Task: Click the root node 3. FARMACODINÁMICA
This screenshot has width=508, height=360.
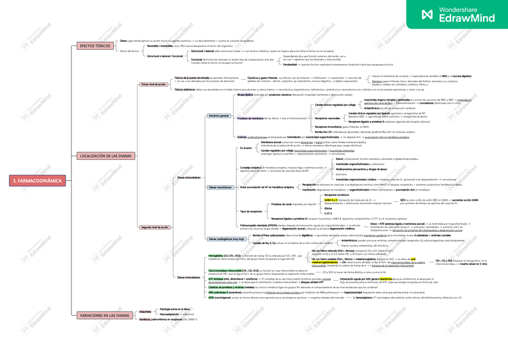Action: tap(37, 180)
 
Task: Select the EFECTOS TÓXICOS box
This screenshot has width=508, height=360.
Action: tap(95, 46)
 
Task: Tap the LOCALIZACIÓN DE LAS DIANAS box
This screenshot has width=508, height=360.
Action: tap(105, 156)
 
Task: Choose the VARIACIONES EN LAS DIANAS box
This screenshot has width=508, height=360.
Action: tap(104, 315)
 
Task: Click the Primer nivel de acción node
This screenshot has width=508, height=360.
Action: tap(153, 85)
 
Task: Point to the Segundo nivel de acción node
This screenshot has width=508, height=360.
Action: tap(155, 228)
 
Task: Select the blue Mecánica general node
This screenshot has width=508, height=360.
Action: tap(219, 116)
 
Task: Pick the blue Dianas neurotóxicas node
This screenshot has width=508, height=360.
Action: tap(220, 187)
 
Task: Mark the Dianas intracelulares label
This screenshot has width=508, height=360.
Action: tap(189, 277)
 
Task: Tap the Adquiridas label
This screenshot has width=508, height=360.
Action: tap(145, 311)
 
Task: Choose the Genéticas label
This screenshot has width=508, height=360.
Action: tap(144, 320)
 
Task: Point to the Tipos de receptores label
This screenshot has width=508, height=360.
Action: tap(250, 211)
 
